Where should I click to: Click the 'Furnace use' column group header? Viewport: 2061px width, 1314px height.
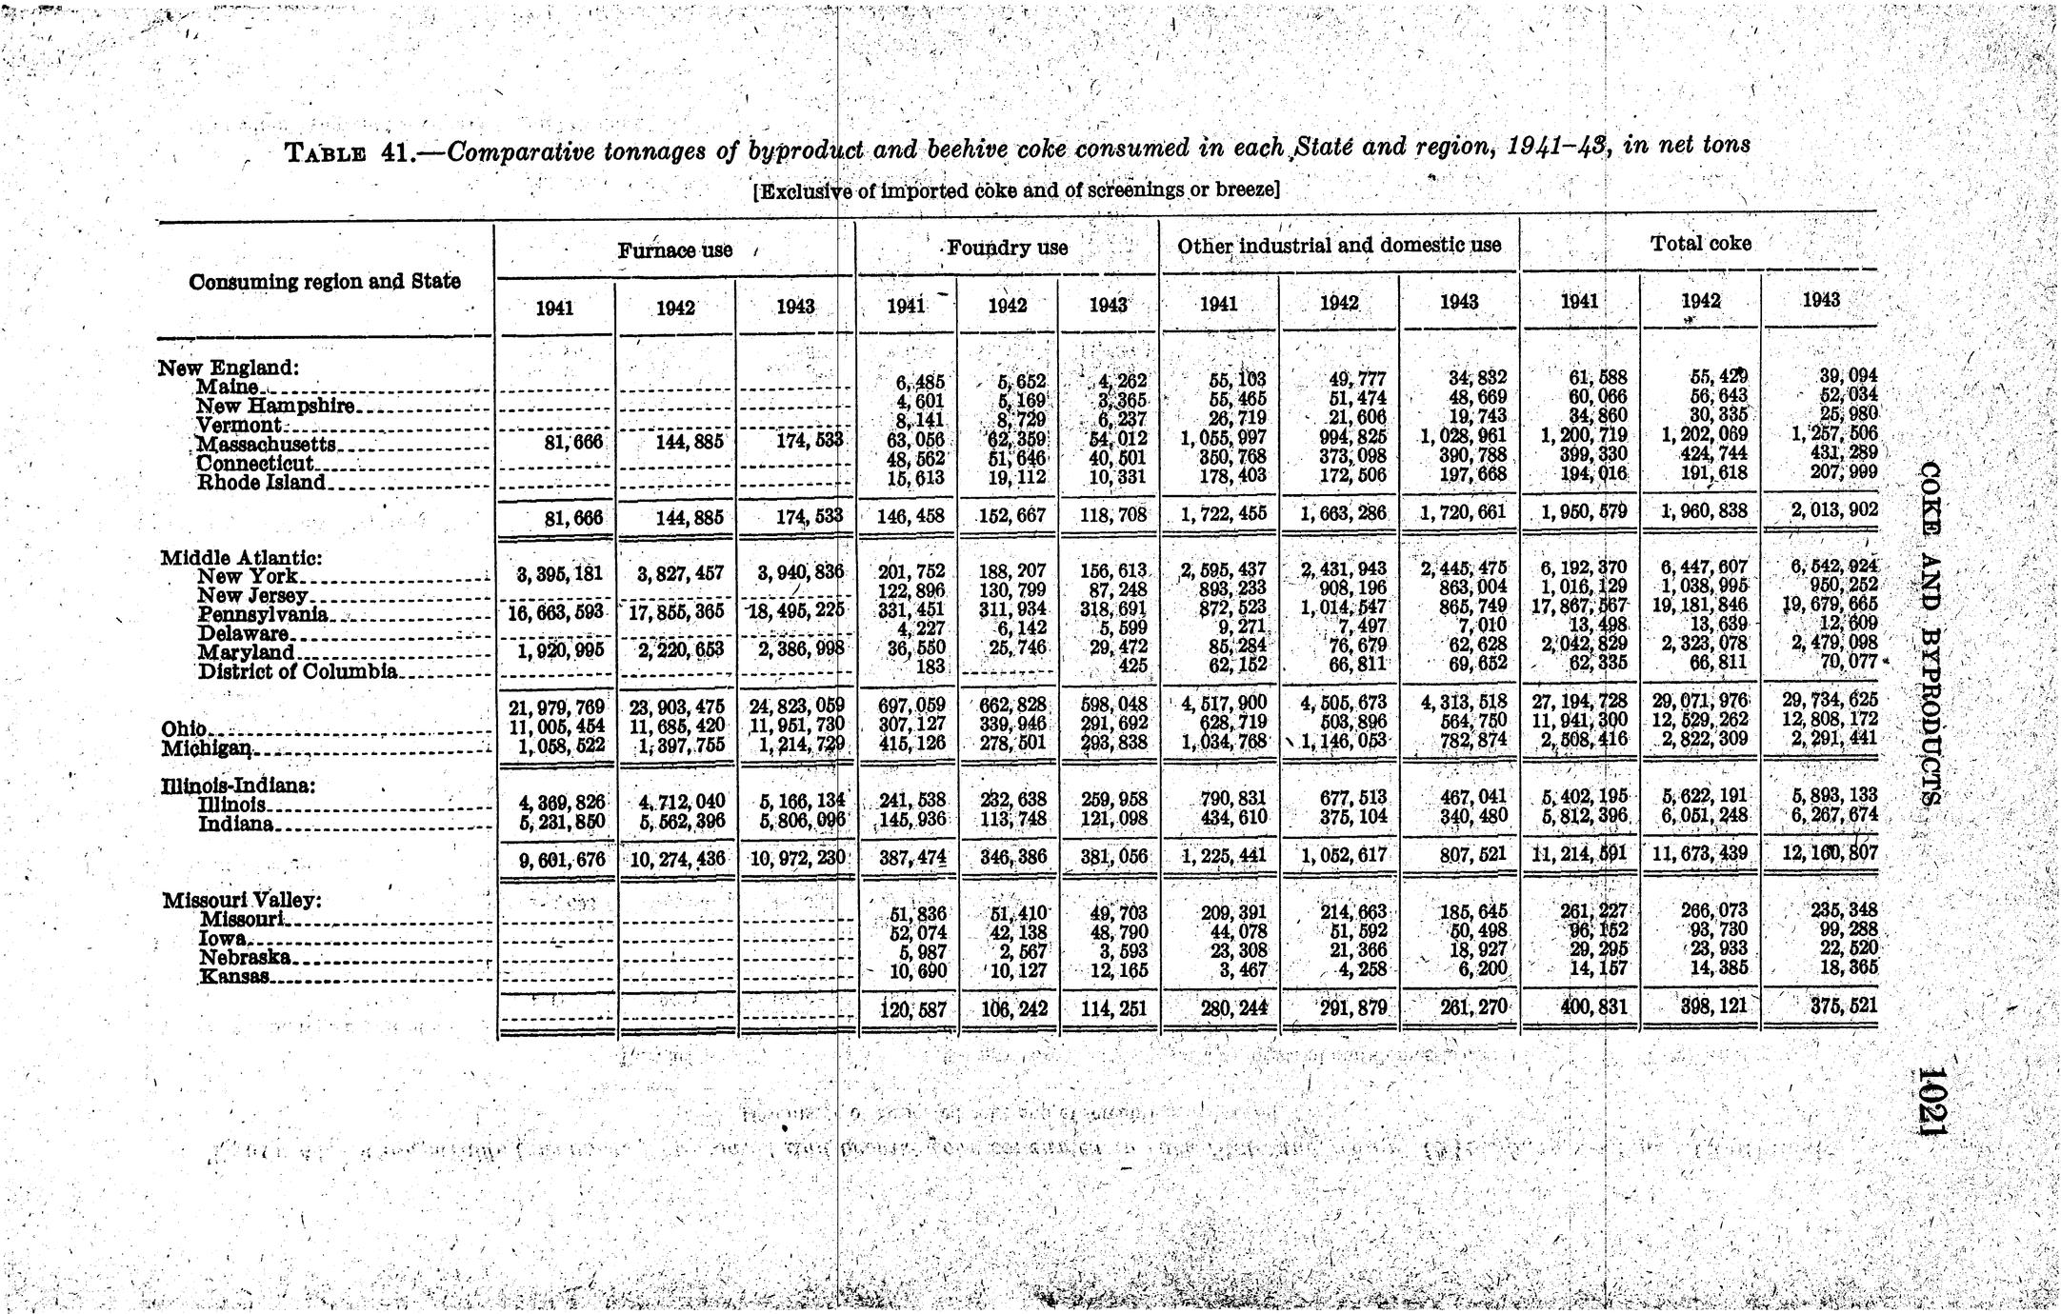tap(674, 250)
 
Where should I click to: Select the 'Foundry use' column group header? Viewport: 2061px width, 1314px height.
tap(1007, 249)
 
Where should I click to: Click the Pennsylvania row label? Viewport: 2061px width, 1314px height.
tap(263, 615)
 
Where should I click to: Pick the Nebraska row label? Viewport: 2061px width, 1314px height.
tap(245, 958)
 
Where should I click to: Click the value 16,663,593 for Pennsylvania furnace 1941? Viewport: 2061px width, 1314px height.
tap(555, 613)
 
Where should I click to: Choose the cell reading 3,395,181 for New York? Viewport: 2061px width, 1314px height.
tap(555, 575)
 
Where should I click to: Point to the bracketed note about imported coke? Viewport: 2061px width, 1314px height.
tap(1015, 189)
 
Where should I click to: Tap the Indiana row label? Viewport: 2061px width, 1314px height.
tap(236, 824)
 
